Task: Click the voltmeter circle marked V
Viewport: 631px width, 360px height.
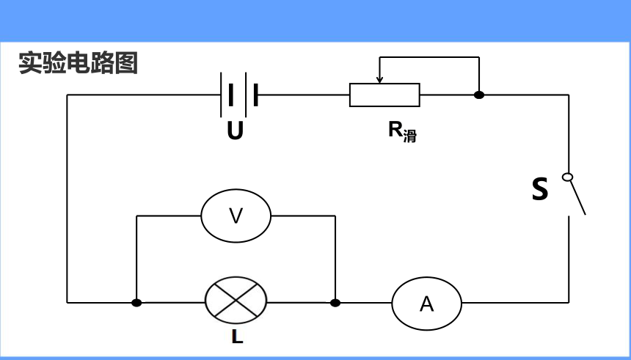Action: [x=236, y=189]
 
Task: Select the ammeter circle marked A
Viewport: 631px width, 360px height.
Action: [x=426, y=277]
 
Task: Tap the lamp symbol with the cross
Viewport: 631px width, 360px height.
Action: [x=236, y=300]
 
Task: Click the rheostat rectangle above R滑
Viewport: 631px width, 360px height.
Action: [x=384, y=84]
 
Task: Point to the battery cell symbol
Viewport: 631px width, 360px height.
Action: [x=239, y=95]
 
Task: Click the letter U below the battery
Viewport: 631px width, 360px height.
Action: [x=235, y=131]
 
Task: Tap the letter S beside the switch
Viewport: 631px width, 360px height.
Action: [x=539, y=189]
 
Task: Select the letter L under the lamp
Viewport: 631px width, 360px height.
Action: [x=238, y=337]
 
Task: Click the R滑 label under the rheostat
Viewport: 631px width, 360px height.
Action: [x=402, y=131]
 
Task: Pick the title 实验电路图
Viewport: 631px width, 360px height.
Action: [x=78, y=63]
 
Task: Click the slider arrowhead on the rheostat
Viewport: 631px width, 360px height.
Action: [x=379, y=79]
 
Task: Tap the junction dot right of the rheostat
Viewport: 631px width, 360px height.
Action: [x=479, y=95]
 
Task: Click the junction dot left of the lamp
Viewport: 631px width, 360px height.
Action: [x=136, y=303]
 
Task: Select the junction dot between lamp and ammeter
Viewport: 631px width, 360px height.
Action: [x=335, y=303]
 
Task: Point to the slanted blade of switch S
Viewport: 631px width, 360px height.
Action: [x=577, y=197]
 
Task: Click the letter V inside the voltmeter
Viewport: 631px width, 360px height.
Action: [x=236, y=216]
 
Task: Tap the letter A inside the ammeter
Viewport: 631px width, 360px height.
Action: [x=426, y=304]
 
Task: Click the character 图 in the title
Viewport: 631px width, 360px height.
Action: [x=126, y=63]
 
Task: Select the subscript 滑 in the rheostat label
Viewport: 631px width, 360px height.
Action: [x=410, y=136]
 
